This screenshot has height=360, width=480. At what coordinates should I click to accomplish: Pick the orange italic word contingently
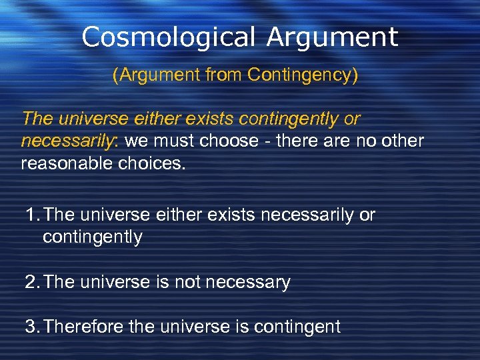(285, 119)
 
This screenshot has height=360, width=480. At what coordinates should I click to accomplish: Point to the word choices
(153, 163)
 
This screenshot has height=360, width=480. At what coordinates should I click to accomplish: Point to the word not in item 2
(185, 283)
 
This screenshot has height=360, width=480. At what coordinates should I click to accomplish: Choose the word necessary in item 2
(247, 283)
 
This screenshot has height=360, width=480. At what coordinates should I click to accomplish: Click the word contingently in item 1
(92, 237)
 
